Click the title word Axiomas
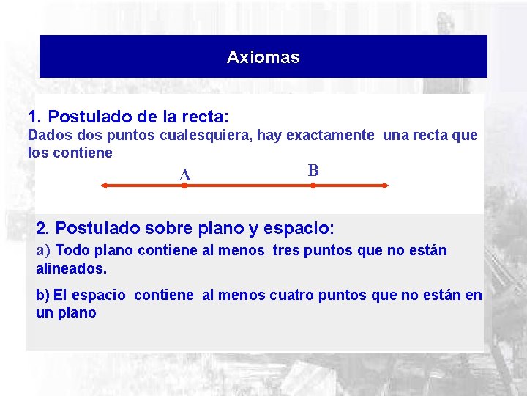(x=263, y=57)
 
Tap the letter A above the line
(x=185, y=175)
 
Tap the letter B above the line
(x=313, y=170)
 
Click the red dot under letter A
(x=185, y=186)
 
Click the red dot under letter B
(x=313, y=186)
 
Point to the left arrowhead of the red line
(x=105, y=186)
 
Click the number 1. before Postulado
(x=36, y=117)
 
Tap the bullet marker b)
(x=43, y=296)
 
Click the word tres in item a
(x=285, y=251)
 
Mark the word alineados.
(x=71, y=268)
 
